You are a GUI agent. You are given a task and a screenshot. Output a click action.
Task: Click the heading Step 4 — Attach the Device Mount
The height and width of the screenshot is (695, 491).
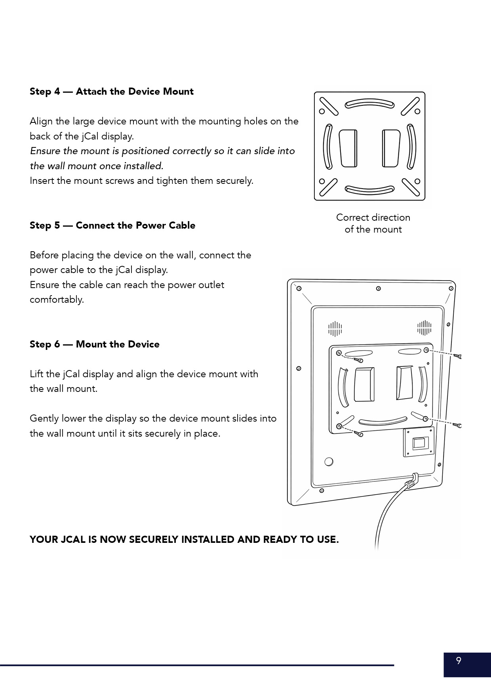111,92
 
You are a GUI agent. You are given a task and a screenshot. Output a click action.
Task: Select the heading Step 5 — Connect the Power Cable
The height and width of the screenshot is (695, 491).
112,225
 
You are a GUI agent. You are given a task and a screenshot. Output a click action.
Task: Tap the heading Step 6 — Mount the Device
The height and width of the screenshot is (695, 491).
94,344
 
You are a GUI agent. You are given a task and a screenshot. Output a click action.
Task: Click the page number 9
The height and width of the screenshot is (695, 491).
459,661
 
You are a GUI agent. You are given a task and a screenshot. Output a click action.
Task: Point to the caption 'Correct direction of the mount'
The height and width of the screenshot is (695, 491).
373,223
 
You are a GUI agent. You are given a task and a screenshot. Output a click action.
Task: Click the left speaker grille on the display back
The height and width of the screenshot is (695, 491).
335,328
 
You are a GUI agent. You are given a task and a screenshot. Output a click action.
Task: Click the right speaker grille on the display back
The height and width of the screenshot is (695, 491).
424,328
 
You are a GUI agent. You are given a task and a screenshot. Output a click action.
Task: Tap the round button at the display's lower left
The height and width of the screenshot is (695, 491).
329,462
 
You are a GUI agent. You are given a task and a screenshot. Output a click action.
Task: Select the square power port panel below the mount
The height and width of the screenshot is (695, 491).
418,442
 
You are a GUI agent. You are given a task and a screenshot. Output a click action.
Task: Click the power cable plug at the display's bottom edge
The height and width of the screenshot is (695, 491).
412,481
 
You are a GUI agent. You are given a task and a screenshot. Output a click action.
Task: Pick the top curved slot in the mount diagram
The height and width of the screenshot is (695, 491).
369,104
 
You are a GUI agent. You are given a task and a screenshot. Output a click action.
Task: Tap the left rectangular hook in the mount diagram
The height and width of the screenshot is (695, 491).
348,148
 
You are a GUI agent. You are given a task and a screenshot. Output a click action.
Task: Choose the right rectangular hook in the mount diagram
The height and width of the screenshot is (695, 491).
391,148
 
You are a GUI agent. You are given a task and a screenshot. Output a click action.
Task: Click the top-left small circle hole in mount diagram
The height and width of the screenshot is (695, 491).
322,111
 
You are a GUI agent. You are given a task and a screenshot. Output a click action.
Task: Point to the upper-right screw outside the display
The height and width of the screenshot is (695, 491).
459,357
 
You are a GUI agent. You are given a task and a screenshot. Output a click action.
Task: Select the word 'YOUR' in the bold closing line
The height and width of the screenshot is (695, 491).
44,540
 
